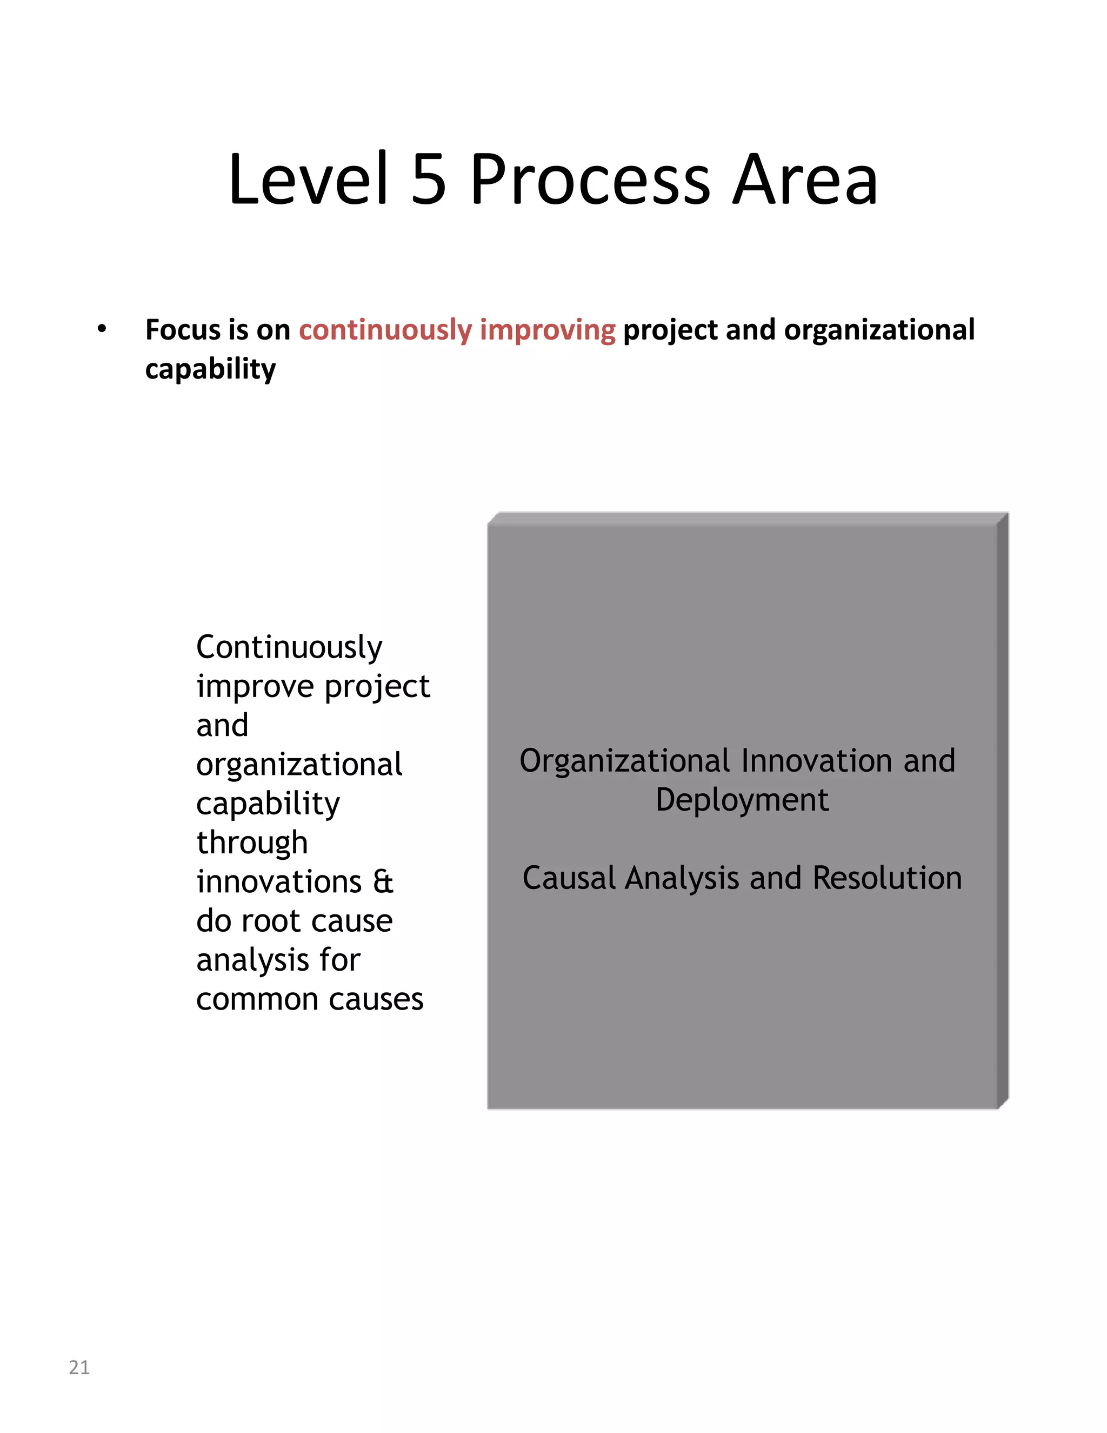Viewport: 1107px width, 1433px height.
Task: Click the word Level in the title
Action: pos(309,178)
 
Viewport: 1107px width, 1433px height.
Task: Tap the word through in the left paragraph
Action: pos(252,843)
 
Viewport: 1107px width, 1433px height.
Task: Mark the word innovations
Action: pos(279,882)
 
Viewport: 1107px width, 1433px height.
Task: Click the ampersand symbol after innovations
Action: pos(383,882)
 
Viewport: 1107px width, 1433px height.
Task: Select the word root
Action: pos(271,921)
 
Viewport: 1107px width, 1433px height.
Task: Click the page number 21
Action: pos(79,1366)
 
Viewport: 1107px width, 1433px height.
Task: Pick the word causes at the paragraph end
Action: pos(376,999)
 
